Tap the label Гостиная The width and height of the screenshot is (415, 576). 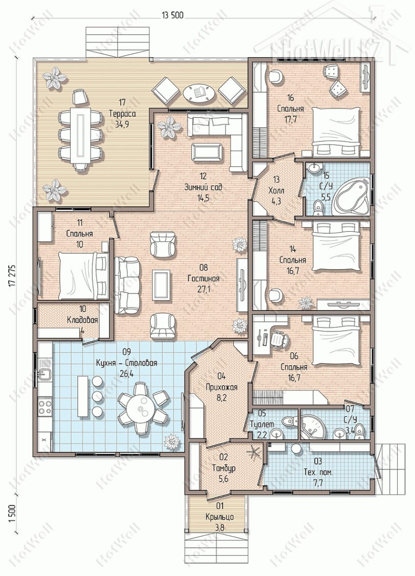coord(203,278)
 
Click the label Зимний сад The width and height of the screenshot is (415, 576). coord(203,187)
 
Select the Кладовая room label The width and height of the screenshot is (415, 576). coord(82,320)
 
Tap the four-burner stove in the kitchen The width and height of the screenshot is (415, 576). coord(45,407)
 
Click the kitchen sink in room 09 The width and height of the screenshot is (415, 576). coord(45,374)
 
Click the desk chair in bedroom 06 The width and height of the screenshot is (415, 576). coord(278,338)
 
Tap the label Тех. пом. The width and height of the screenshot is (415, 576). coord(318,472)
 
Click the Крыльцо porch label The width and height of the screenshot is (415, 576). coord(220,517)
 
